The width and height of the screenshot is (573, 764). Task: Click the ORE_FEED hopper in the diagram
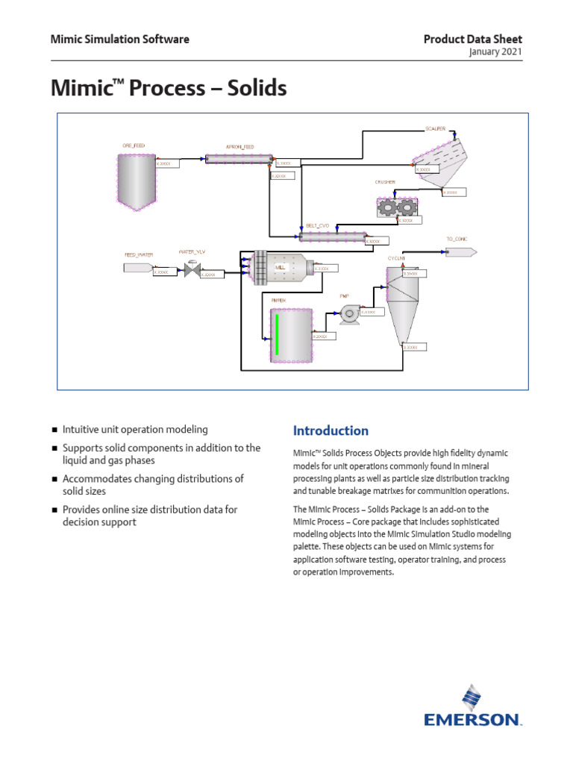point(137,179)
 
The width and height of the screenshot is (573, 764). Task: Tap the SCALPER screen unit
point(439,160)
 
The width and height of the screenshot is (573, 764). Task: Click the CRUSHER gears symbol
point(395,207)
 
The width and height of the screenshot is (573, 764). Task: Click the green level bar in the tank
point(277,334)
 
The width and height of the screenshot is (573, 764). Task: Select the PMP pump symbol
point(348,315)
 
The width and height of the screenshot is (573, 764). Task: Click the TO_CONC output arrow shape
point(461,251)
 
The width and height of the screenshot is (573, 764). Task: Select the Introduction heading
point(331,430)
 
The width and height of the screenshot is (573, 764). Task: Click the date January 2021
point(495,52)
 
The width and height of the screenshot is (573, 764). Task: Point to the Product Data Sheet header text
point(473,39)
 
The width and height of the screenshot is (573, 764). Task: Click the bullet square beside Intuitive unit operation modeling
point(55,430)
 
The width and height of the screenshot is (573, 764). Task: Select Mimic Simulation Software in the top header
point(119,39)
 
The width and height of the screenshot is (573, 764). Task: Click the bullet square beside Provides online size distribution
point(55,510)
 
